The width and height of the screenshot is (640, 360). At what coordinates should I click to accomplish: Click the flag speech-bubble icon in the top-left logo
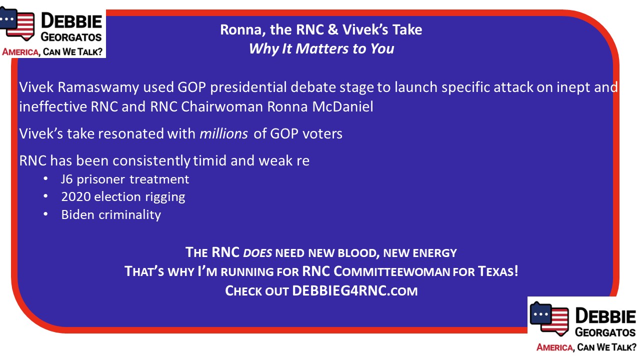pos(17,23)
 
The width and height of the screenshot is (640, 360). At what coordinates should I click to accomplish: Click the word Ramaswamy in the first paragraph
pos(98,87)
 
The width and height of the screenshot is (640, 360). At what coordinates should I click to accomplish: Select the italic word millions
pos(223,133)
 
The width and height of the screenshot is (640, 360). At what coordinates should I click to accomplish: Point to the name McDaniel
pos(342,106)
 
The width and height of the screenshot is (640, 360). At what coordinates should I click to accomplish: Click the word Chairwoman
pos(222,106)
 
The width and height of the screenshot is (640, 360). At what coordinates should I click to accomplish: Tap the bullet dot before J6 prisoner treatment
pos(45,179)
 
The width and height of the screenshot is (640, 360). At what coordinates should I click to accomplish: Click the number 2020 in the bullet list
pos(75,197)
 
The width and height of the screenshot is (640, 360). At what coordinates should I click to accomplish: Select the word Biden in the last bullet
pos(77,214)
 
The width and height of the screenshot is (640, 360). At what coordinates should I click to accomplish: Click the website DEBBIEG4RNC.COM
pos(355,291)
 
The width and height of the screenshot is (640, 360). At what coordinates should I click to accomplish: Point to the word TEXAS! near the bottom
pos(498,271)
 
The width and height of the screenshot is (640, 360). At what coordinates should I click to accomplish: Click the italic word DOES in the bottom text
pos(257,253)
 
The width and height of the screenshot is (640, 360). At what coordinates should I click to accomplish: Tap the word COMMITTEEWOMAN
pos(391,271)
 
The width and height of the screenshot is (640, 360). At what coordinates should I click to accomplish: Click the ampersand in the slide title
pos(333,29)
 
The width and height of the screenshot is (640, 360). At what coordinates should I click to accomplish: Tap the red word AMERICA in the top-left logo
pos(20,52)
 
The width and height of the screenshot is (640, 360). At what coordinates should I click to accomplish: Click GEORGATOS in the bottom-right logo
pos(605,332)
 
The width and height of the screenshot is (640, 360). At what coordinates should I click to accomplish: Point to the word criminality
pos(129,215)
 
